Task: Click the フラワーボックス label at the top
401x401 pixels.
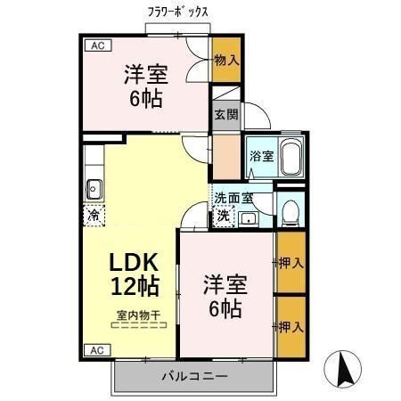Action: pos(178,13)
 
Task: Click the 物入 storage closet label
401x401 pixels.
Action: pos(226,60)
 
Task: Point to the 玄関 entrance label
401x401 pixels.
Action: pos(226,114)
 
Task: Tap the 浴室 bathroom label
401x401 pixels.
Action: pos(261,156)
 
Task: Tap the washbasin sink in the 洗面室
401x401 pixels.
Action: pos(249,217)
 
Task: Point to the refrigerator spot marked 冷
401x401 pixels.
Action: pos(94,215)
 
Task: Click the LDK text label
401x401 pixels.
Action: pos(134,262)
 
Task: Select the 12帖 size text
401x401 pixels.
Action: pos(135,286)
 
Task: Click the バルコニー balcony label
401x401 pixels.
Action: pos(193,376)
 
